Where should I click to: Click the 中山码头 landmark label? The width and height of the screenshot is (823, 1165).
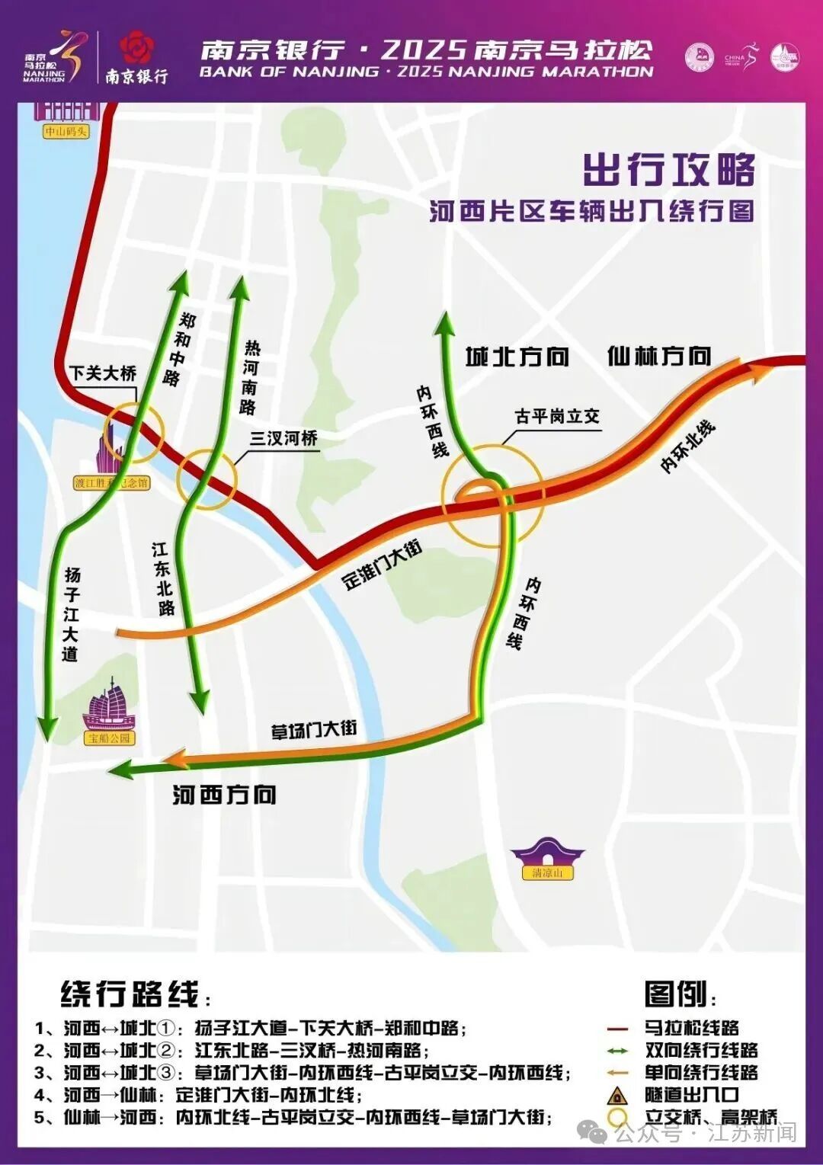(x=66, y=131)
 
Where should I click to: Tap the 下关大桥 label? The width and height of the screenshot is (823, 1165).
(x=104, y=373)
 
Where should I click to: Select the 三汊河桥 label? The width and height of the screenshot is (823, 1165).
(x=283, y=439)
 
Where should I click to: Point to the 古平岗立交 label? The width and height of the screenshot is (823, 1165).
(x=557, y=417)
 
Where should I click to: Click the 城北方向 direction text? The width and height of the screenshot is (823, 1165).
(x=517, y=357)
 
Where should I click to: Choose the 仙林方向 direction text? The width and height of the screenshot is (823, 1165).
(x=659, y=356)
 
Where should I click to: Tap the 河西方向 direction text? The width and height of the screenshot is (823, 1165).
(x=224, y=795)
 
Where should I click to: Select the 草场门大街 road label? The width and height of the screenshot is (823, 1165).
(x=314, y=730)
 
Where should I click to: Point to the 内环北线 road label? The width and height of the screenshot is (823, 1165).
(x=688, y=446)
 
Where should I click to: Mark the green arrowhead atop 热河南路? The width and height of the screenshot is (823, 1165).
(x=241, y=286)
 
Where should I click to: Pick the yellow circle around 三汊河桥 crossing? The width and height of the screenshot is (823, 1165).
(x=207, y=479)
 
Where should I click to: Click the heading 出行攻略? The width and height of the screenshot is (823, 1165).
(x=669, y=169)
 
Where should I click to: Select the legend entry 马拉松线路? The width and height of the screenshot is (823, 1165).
(x=691, y=1028)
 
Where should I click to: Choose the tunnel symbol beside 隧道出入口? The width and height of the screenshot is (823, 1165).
(x=616, y=1096)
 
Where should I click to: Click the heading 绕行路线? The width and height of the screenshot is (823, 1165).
(x=130, y=994)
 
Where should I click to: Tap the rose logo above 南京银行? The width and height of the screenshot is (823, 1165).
(x=136, y=47)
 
